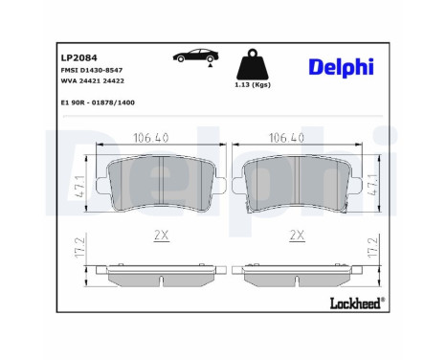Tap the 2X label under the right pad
pos(294,233)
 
